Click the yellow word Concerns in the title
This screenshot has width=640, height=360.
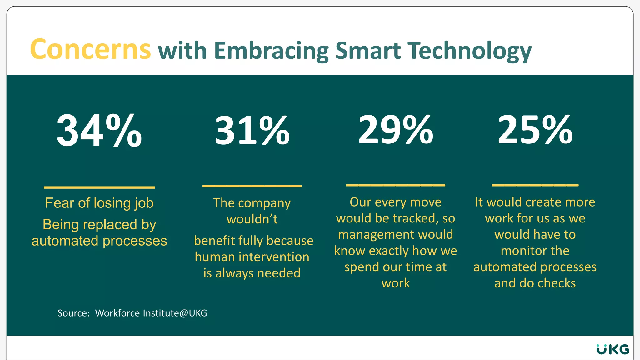point(90,49)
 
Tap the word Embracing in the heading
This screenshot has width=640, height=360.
point(272,51)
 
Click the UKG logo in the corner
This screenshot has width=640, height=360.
point(612,349)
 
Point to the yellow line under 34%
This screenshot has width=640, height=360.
point(99,187)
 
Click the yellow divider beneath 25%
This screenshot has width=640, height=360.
point(535,185)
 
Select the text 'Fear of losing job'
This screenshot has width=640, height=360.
point(99,203)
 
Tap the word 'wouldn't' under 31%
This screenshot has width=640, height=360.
point(252,219)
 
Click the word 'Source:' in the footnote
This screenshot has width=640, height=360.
point(74,313)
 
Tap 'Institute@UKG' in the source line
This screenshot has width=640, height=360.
point(175,313)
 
